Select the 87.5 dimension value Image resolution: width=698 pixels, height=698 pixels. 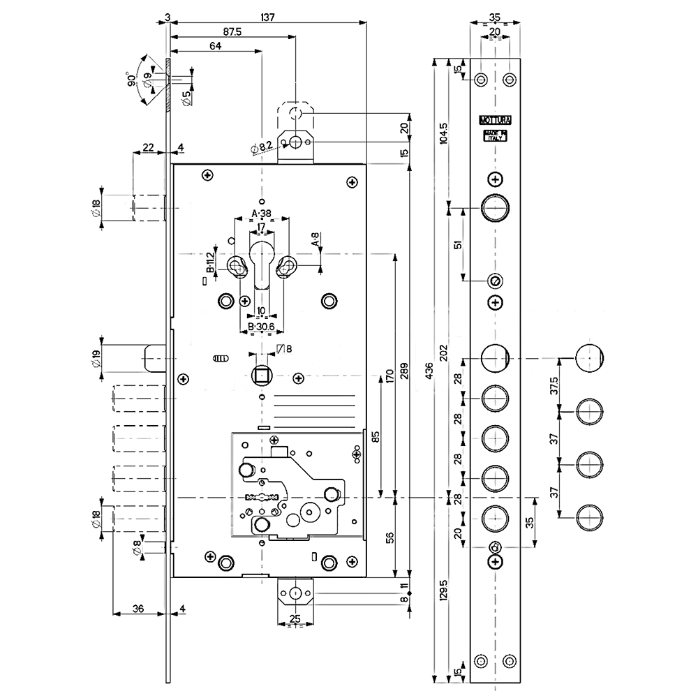pyautogui.click(x=232, y=32)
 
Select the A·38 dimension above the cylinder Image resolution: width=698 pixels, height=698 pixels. pyautogui.click(x=262, y=214)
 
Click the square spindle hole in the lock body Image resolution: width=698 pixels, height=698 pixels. pyautogui.click(x=262, y=377)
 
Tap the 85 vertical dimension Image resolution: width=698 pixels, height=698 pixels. pyautogui.click(x=376, y=438)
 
